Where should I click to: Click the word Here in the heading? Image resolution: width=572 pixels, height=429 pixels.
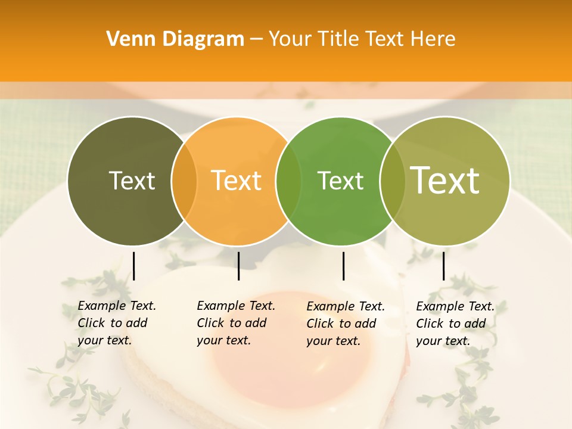click(435, 39)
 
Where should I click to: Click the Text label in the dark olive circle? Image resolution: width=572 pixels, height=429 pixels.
click(132, 181)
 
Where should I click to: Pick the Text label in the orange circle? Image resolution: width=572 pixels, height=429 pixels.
click(236, 181)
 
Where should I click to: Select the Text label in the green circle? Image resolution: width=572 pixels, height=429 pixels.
click(340, 181)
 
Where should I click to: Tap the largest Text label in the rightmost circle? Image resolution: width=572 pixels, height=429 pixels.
click(445, 180)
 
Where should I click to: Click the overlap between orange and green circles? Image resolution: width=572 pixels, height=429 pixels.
click(288, 181)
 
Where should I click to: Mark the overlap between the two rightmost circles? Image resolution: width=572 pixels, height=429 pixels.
click(392, 181)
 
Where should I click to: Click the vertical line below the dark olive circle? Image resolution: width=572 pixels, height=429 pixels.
click(134, 266)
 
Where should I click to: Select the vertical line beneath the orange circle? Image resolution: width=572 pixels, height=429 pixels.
click(238, 266)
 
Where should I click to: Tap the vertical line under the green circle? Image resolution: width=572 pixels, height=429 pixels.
click(343, 266)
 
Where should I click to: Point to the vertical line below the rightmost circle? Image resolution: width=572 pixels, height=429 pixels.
click(443, 266)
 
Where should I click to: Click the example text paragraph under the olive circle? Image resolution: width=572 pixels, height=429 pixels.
click(116, 323)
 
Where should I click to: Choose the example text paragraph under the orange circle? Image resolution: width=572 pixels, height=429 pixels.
click(235, 323)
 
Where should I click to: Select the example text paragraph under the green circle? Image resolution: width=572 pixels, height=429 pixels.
click(345, 324)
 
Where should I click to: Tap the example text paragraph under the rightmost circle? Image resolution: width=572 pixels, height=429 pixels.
click(455, 324)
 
